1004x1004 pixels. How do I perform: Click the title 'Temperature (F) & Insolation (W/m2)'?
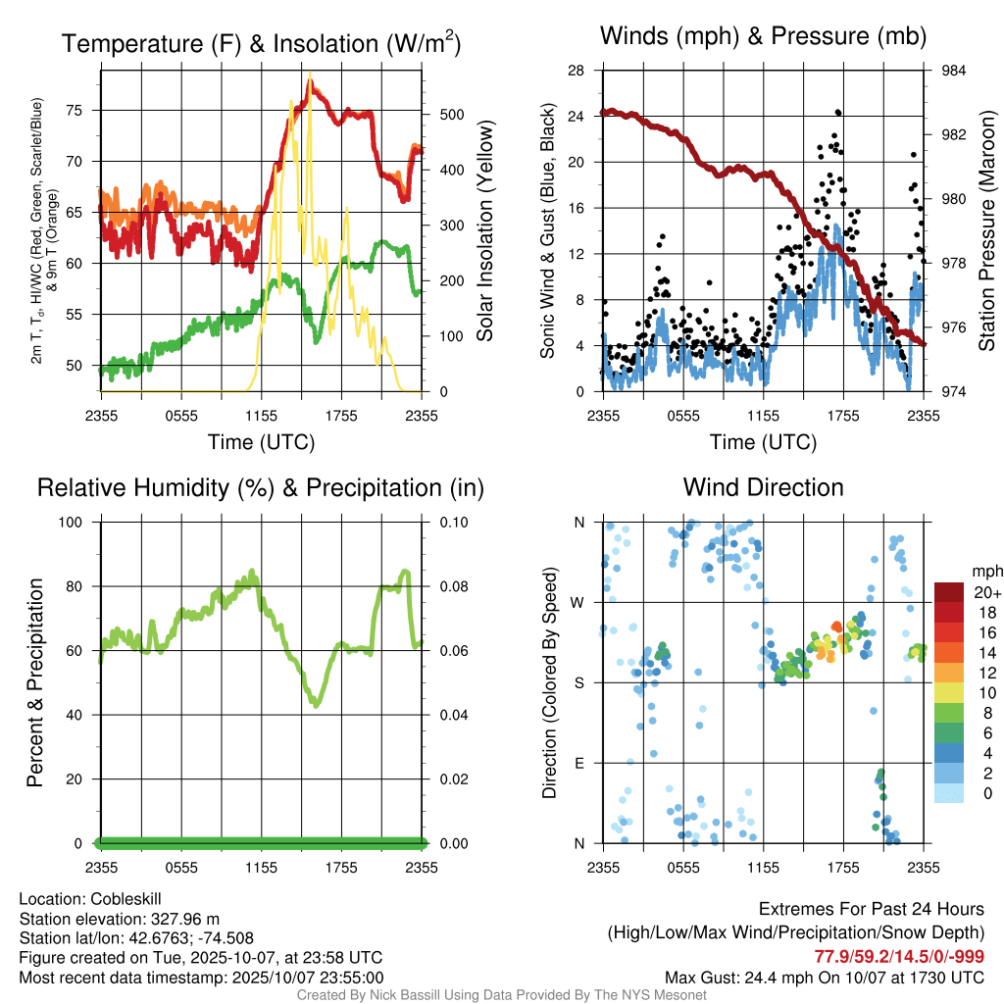click(x=261, y=43)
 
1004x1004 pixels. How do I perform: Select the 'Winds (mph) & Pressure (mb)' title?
click(x=763, y=36)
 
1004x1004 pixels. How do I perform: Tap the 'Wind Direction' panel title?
click(x=763, y=486)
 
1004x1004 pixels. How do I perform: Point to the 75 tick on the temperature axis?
click(x=84, y=111)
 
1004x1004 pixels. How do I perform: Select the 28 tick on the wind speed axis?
click(x=577, y=71)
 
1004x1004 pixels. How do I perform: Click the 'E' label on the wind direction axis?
click(x=578, y=763)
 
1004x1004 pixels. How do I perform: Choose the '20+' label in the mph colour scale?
click(x=985, y=592)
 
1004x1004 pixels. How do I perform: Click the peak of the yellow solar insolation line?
click(x=310, y=75)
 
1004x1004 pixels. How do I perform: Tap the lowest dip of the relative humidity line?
click(x=316, y=704)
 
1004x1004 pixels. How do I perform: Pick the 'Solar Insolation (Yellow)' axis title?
click(x=485, y=231)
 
